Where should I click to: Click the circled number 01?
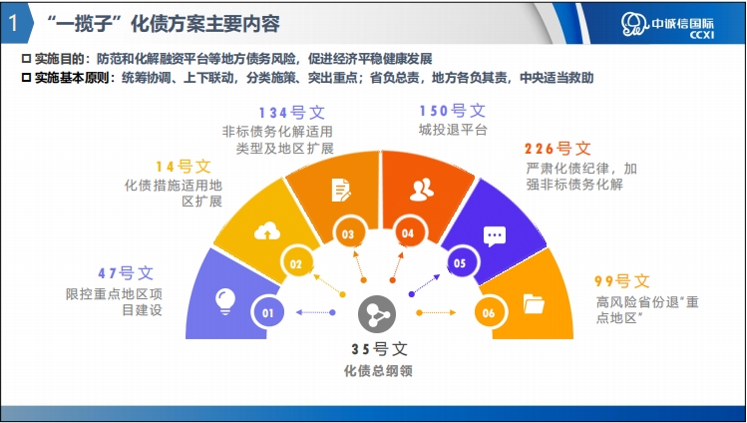pyautogui.click(x=267, y=313)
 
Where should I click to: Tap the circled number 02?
pyautogui.click(x=296, y=264)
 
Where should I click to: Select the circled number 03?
pyautogui.click(x=348, y=233)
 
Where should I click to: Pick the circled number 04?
pyautogui.click(x=407, y=232)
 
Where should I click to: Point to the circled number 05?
pyautogui.click(x=460, y=263)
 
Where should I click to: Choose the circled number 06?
pyautogui.click(x=489, y=313)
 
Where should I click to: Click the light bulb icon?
pyautogui.click(x=224, y=301)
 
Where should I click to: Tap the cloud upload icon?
pyautogui.click(x=267, y=232)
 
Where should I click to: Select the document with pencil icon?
pyautogui.click(x=341, y=191)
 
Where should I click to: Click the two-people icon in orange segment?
pyautogui.click(x=422, y=190)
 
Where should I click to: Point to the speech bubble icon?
pyautogui.click(x=495, y=236)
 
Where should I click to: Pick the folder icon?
pyautogui.click(x=534, y=304)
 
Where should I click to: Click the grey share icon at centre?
pyautogui.click(x=377, y=314)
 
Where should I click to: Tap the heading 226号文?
pyautogui.click(x=558, y=149)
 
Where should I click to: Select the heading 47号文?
pyautogui.click(x=127, y=273)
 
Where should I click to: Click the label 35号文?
pyautogui.click(x=380, y=349)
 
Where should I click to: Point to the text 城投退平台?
pyautogui.click(x=453, y=130)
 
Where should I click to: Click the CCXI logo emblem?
pyautogui.click(x=634, y=24)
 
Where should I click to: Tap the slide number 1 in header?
pyautogui.click(x=13, y=23)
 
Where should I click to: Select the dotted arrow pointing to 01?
pyautogui.click(x=315, y=312)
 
